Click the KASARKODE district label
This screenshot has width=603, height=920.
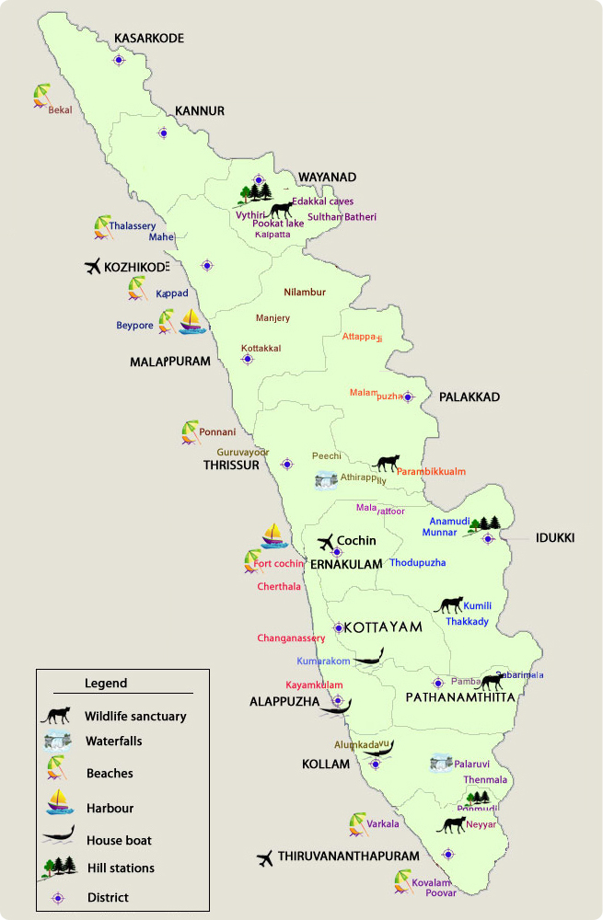(148, 38)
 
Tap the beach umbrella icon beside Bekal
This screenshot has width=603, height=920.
(41, 96)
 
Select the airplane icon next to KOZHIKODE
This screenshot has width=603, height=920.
(92, 267)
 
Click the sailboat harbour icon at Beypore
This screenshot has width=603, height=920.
(191, 320)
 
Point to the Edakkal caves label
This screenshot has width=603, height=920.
(322, 201)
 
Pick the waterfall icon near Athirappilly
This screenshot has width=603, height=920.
(326, 481)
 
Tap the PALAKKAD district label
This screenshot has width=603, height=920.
(469, 397)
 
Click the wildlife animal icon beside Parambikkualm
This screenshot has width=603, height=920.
(387, 463)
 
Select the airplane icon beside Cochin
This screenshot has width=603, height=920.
(325, 542)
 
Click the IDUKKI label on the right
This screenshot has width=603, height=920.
(554, 537)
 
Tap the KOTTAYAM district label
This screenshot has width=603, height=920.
(382, 627)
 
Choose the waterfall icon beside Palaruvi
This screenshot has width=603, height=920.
(441, 763)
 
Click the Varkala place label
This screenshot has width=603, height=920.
(383, 823)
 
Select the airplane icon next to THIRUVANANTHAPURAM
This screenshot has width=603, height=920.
(266, 857)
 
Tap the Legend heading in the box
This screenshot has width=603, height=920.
(106, 684)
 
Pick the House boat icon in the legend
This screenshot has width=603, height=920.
(58, 837)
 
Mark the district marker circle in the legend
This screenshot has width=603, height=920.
(58, 897)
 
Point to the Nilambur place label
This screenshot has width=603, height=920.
(305, 293)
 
